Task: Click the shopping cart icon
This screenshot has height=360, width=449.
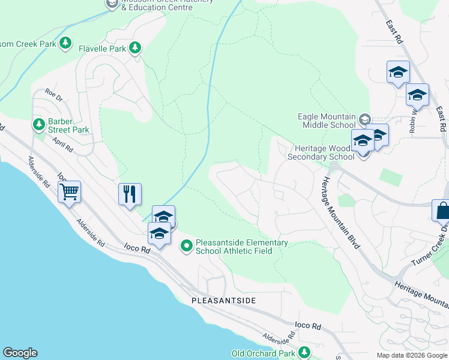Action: [70, 193]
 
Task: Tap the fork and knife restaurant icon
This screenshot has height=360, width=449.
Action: [130, 194]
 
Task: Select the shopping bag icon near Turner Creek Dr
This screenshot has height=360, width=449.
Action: [442, 211]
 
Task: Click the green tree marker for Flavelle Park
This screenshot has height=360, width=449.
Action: [135, 47]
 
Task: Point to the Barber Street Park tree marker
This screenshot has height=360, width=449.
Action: [38, 124]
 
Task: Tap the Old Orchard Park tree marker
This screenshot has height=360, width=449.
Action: [304, 352]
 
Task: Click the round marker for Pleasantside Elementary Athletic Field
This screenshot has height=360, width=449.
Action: [187, 245]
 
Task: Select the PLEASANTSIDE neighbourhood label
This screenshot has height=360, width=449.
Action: [223, 300]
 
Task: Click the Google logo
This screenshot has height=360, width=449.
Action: [20, 353]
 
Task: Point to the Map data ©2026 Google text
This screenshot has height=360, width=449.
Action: [412, 355]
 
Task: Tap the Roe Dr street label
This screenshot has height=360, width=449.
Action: [54, 93]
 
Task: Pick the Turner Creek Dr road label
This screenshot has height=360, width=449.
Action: [430, 246]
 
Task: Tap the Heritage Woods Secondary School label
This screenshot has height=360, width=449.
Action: [324, 152]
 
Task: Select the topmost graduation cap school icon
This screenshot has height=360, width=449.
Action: [398, 72]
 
